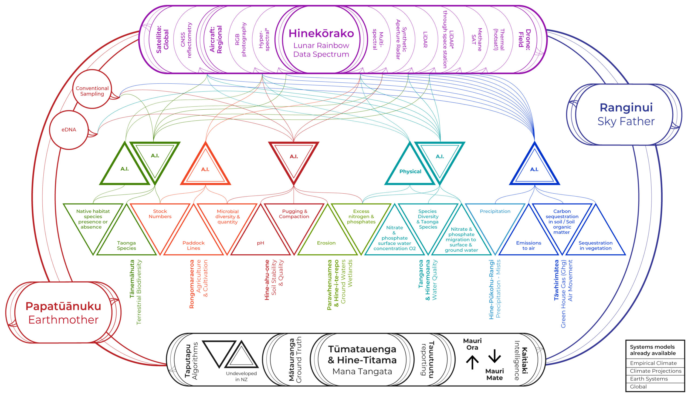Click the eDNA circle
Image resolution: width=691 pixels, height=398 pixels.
[x=69, y=130]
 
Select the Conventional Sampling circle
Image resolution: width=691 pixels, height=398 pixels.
[x=92, y=91]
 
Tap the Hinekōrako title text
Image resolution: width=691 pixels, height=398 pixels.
[x=321, y=33]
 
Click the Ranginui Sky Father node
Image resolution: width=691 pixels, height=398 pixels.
[x=626, y=114]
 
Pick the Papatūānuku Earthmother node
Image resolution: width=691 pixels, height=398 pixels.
[x=63, y=312]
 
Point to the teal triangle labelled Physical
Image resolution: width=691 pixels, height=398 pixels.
[x=410, y=171]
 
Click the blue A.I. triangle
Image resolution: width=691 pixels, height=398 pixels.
[x=534, y=170]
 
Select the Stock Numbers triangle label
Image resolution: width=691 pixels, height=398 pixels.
[x=160, y=214]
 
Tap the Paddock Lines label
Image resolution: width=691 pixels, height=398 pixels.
[x=194, y=245]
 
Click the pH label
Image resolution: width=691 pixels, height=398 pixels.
[x=260, y=243]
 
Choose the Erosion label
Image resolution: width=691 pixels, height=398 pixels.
[x=326, y=243]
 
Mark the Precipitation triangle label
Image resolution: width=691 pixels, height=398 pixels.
[x=495, y=211]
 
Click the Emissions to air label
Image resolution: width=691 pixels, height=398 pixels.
[x=529, y=245]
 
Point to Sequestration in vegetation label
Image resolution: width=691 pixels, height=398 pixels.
[x=595, y=245]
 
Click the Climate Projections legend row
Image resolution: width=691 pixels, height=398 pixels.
[x=655, y=371]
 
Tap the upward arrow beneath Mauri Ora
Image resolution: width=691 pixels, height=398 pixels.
[x=472, y=362]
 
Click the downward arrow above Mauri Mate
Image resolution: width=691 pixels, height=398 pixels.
[x=494, y=356]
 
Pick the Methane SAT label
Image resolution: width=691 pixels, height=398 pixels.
[x=476, y=40]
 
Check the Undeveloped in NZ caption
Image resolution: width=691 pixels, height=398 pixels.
[x=241, y=376]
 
